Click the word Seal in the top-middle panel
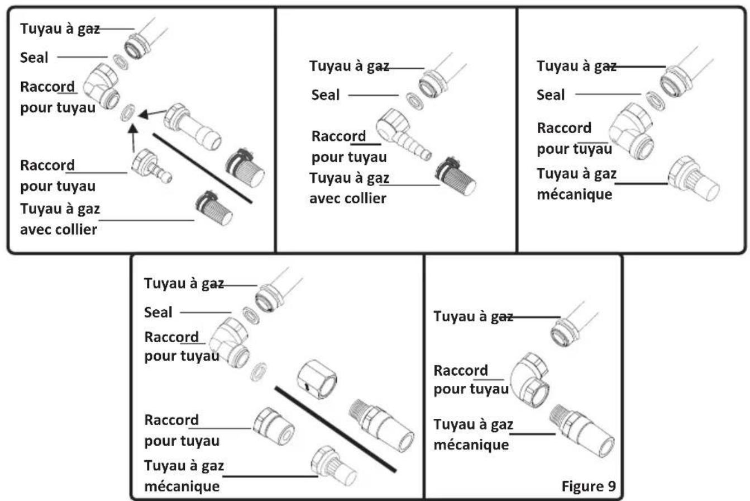click(326, 95)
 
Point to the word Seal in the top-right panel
click(551, 94)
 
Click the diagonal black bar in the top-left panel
click(203, 168)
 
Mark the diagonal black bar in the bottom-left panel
click(336, 428)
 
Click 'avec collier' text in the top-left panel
click(59, 229)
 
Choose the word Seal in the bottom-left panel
click(159, 312)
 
